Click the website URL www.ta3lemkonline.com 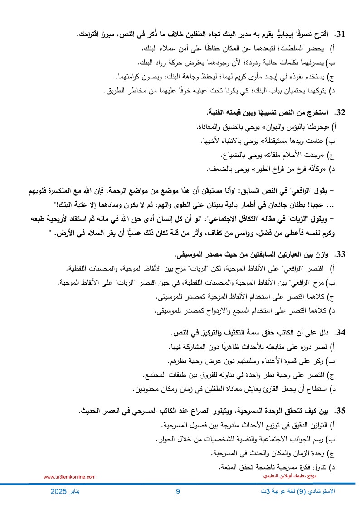(69, 477)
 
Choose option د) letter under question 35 (334, 466)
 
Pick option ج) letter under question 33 (331, 297)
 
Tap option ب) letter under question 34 (334, 361)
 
